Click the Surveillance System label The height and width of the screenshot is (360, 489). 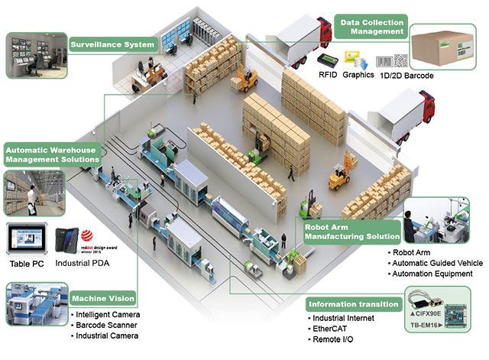coord(113,44)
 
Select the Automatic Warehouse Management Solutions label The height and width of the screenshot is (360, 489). coord(52,154)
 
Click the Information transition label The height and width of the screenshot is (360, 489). coord(353,304)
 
